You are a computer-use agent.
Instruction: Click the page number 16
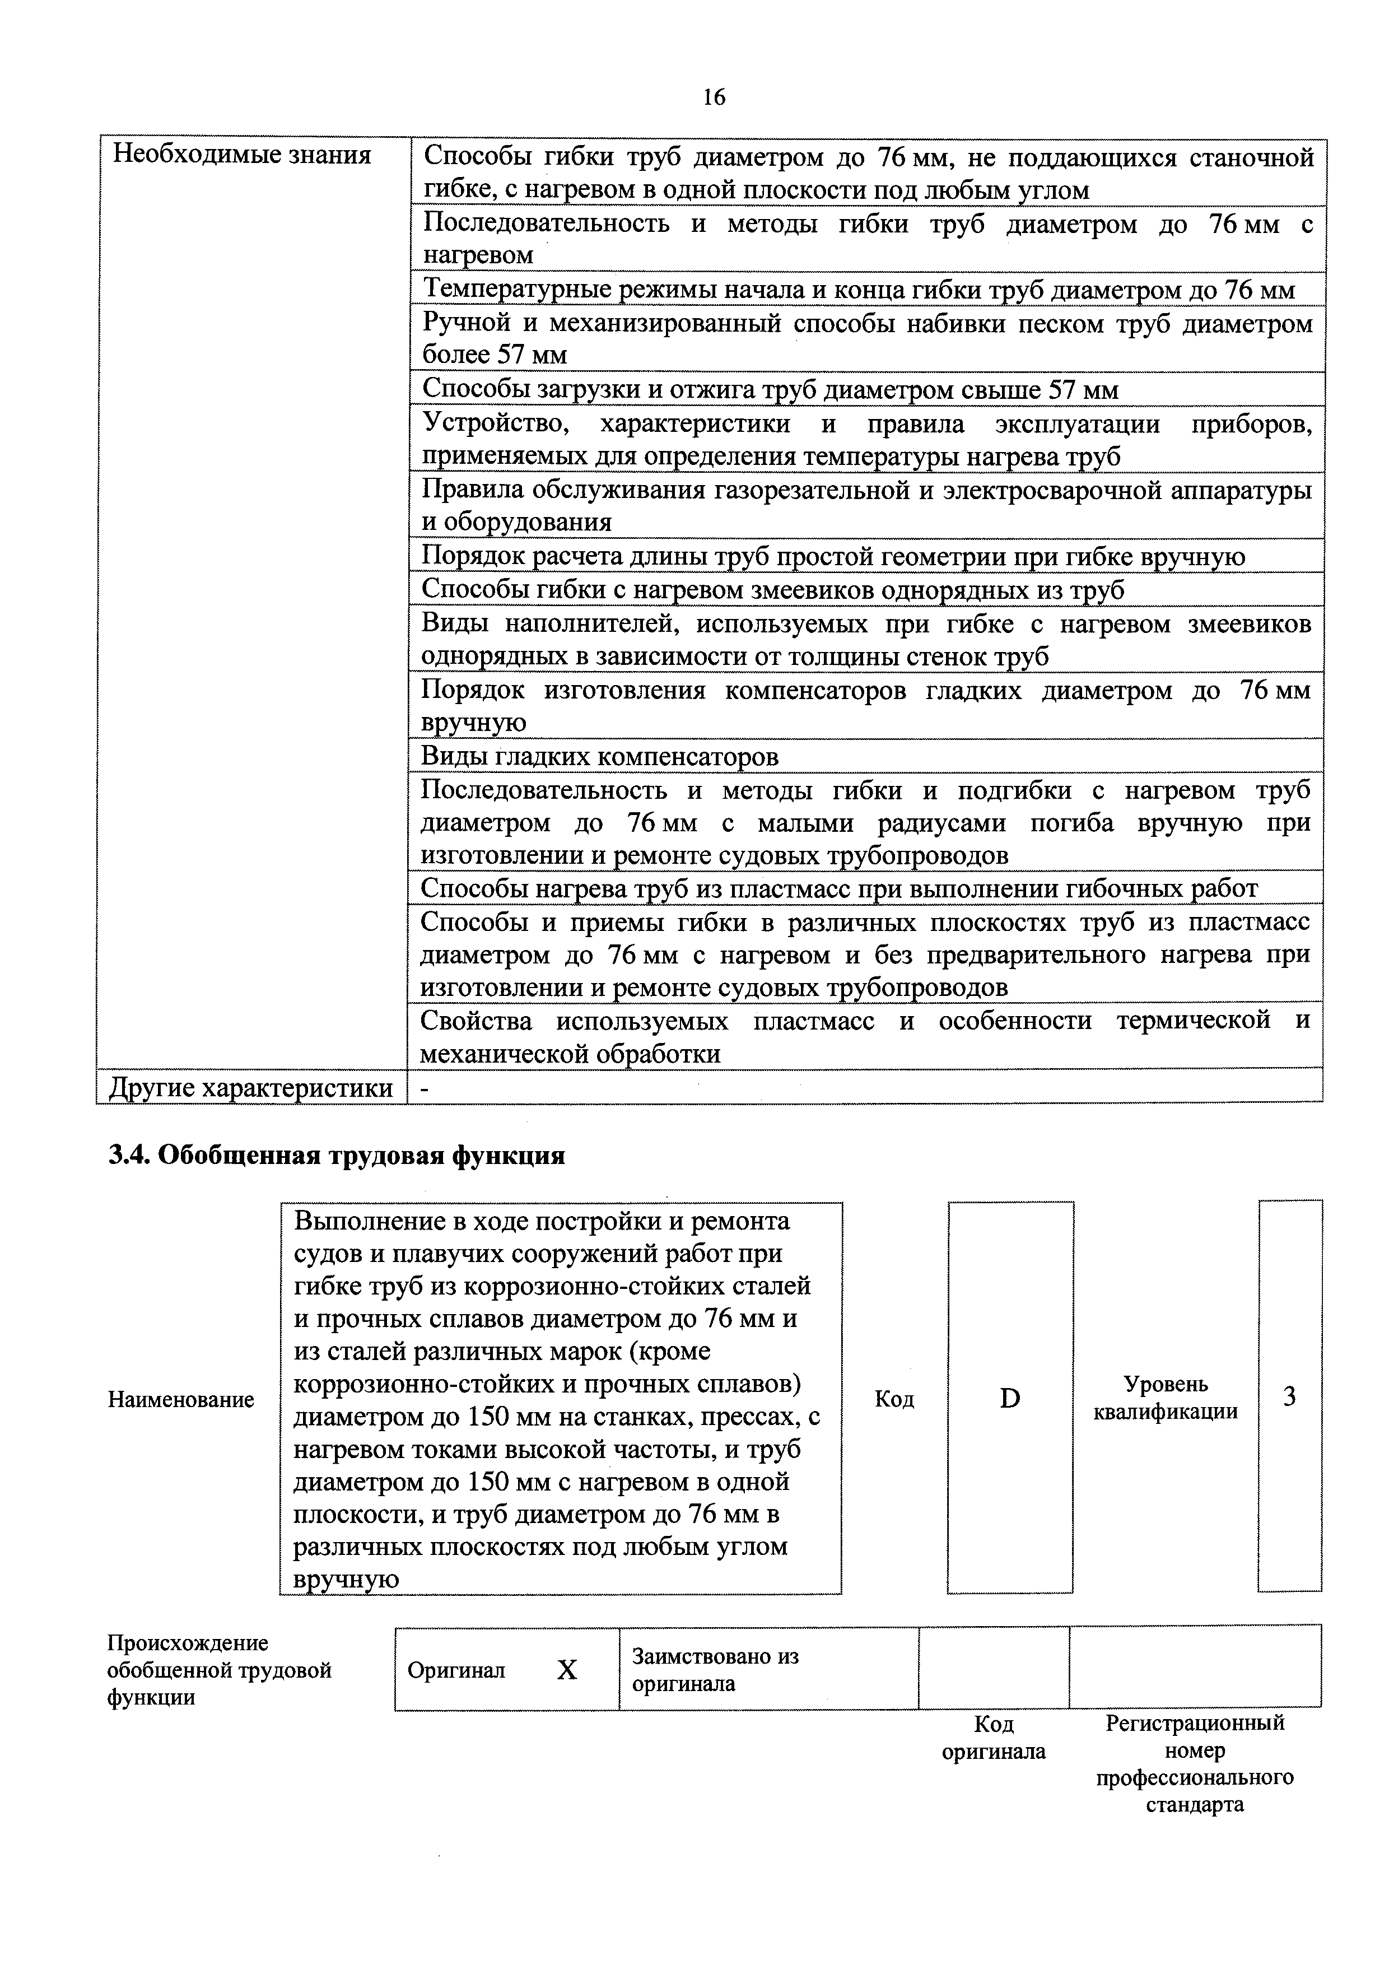tap(713, 97)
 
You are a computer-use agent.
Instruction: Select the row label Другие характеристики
tap(251, 1088)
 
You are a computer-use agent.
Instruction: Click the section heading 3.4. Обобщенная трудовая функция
tap(337, 1156)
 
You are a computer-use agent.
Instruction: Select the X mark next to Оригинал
tap(567, 1670)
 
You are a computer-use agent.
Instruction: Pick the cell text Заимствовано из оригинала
tap(715, 1670)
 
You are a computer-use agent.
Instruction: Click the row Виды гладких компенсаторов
tap(600, 757)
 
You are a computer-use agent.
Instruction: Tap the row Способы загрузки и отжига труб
tap(770, 390)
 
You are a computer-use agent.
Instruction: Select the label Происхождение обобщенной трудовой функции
tap(219, 1670)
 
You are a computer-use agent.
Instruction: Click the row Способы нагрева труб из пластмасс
tap(838, 889)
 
